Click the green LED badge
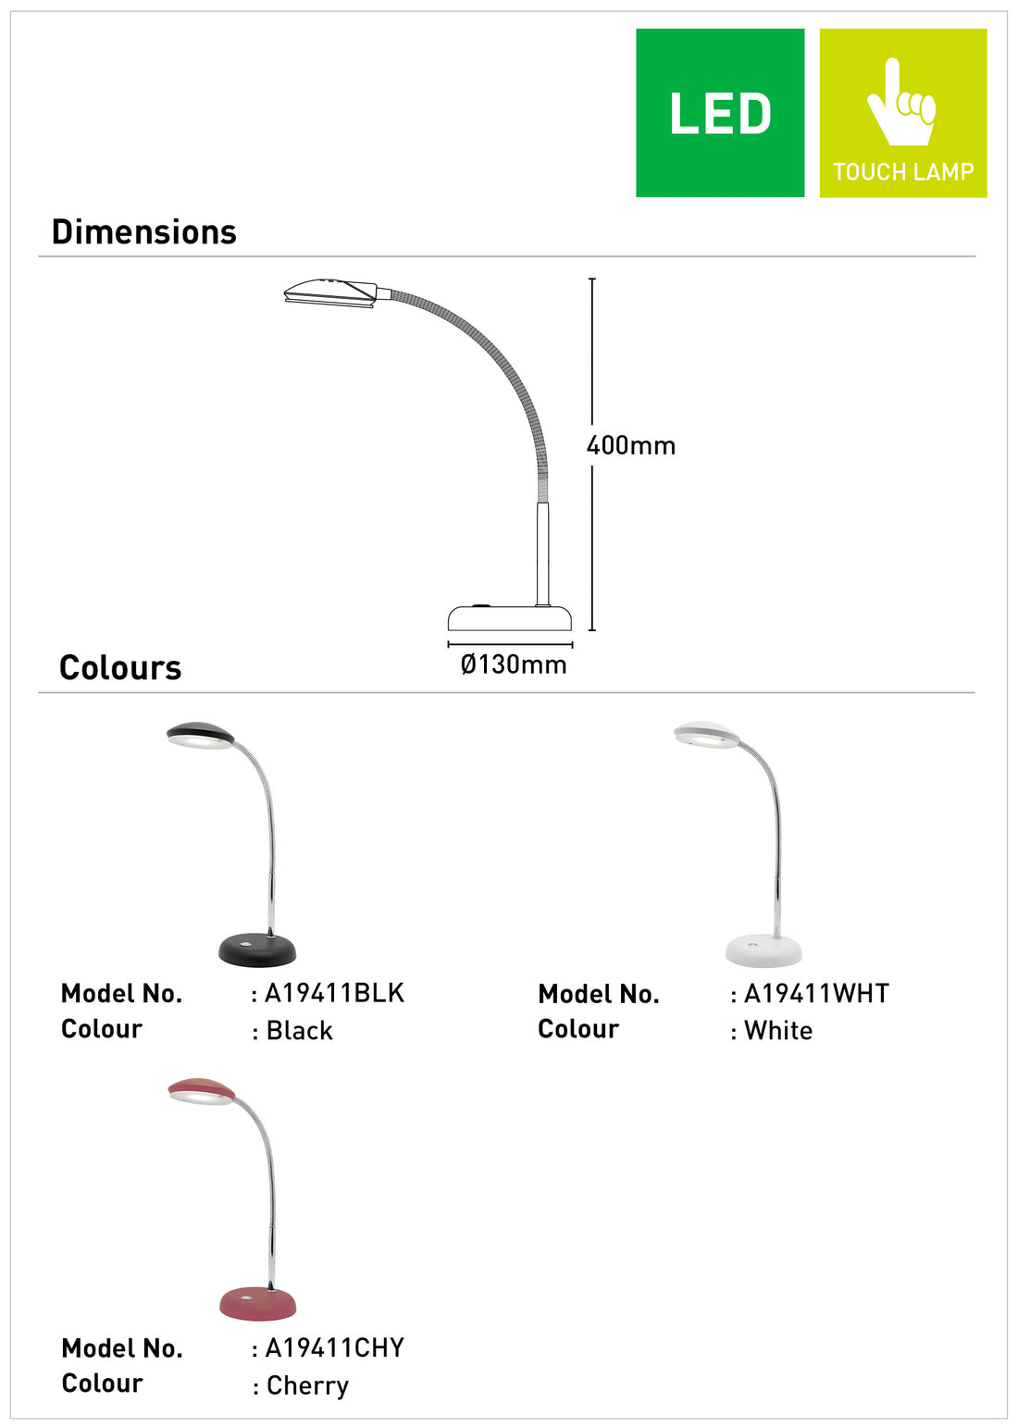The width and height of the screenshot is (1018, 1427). (719, 113)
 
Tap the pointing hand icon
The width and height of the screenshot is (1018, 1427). (900, 102)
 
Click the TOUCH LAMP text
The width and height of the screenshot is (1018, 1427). (902, 171)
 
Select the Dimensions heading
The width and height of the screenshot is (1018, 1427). (144, 232)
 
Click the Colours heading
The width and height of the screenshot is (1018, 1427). (120, 667)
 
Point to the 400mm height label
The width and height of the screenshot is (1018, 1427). (630, 445)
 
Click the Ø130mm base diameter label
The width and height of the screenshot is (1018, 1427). (514, 664)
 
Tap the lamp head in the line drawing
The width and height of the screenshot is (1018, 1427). (330, 292)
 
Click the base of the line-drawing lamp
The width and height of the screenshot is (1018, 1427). (510, 617)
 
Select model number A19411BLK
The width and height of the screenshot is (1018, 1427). (334, 993)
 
